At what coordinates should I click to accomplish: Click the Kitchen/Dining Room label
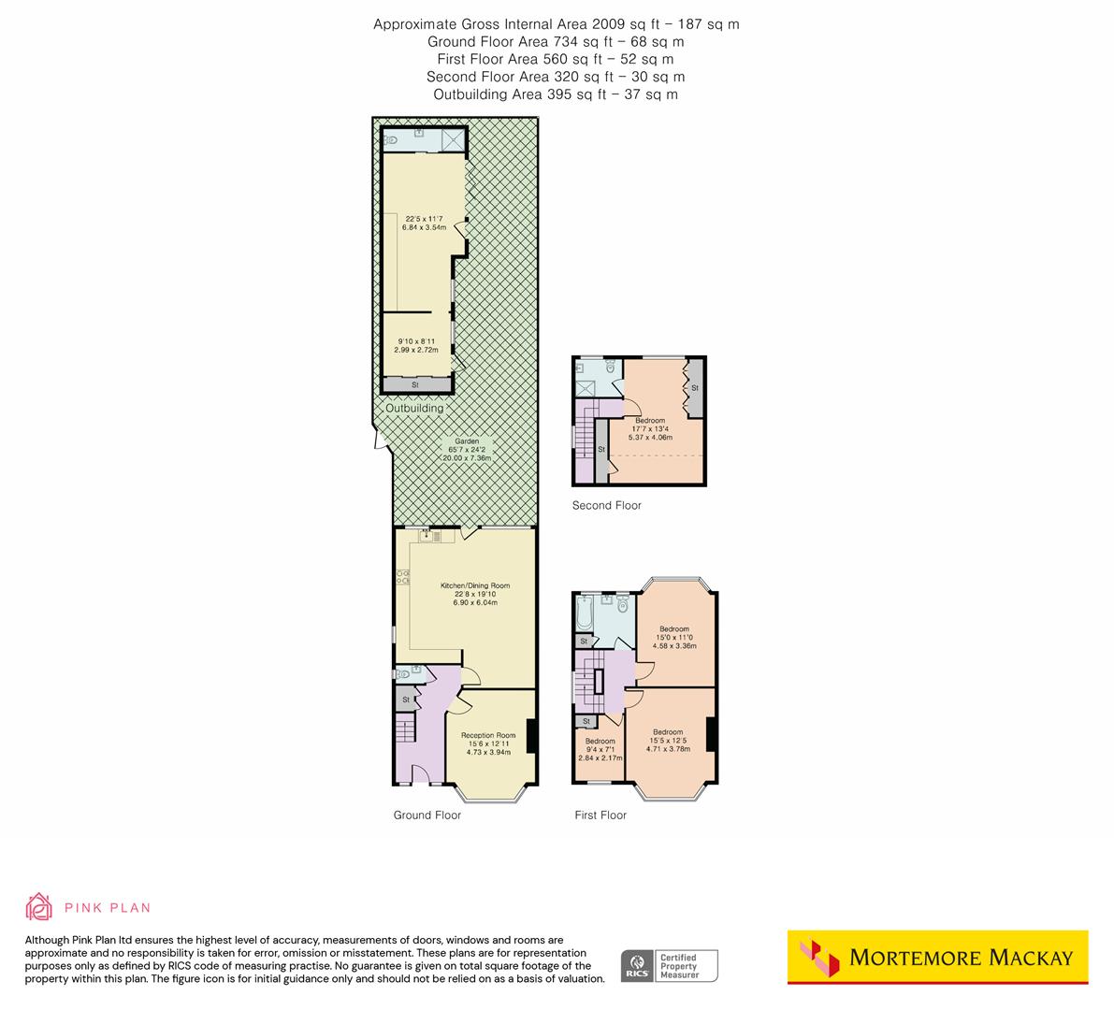(475, 586)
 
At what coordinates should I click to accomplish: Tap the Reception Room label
(488, 736)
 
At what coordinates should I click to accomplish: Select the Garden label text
(467, 441)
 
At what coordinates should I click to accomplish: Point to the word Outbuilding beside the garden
(414, 409)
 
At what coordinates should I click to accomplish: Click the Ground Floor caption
(427, 815)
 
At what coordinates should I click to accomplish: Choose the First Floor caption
(600, 815)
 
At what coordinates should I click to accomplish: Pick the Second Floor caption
(606, 506)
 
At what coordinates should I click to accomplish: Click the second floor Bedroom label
(649, 422)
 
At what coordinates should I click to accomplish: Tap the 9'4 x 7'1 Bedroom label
(600, 742)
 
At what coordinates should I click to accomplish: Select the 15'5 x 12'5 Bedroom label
(668, 732)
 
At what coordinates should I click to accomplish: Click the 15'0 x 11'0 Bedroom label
(673, 629)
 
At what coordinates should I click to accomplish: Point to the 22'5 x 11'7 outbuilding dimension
(426, 221)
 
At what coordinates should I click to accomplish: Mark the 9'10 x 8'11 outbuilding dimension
(415, 341)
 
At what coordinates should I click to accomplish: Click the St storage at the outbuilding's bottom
(415, 384)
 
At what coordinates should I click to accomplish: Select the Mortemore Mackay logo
(937, 957)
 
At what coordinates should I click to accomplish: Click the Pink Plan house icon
(39, 907)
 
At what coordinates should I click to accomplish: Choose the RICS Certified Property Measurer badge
(670, 965)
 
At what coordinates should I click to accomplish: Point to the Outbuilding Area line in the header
(556, 94)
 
